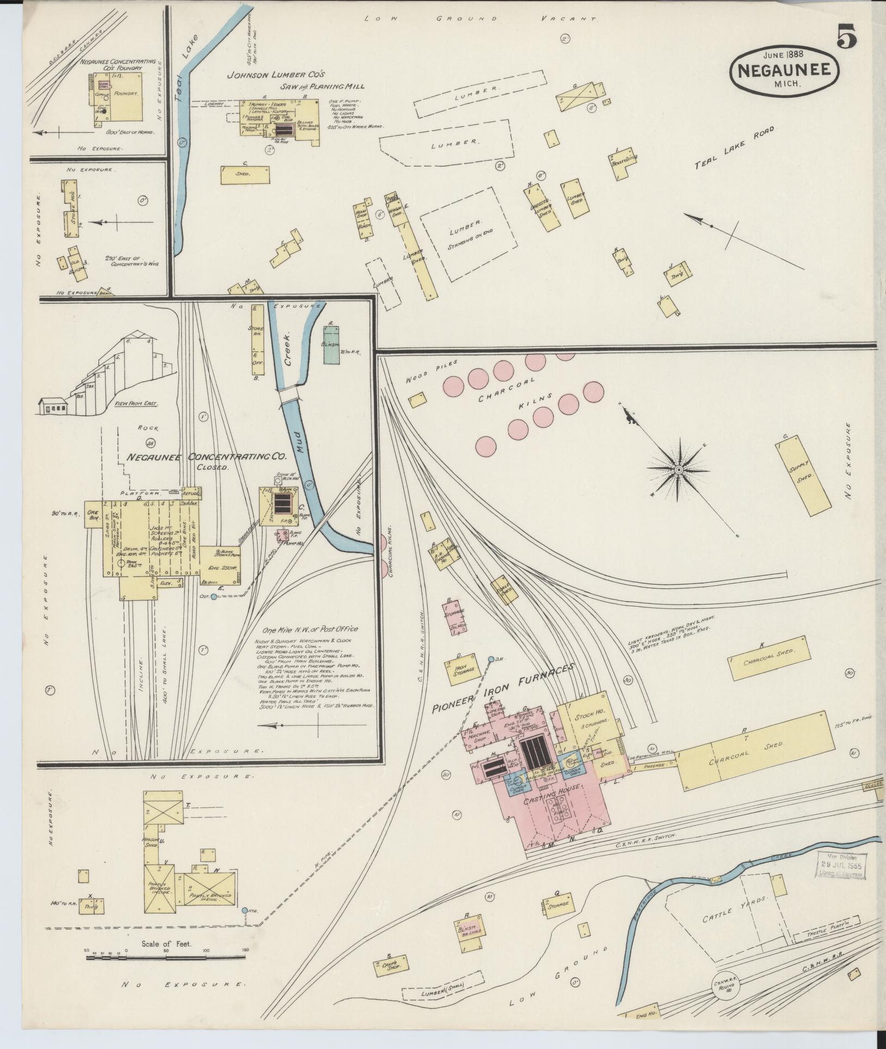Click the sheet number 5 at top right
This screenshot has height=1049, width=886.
[847, 38]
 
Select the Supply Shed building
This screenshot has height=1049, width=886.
[803, 474]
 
